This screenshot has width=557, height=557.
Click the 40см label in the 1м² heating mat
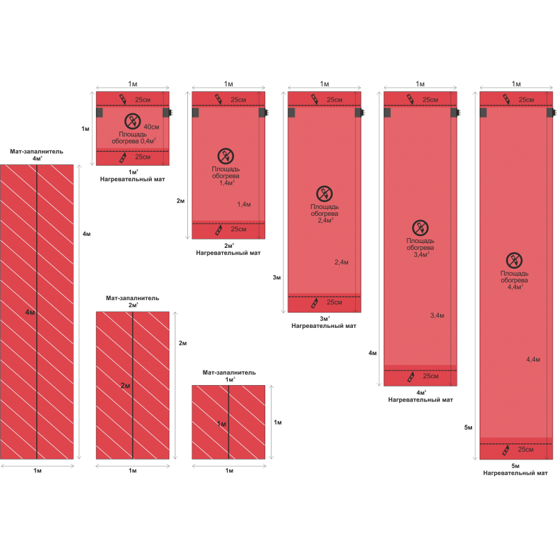coord(151,127)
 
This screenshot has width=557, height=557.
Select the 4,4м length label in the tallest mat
coord(533,359)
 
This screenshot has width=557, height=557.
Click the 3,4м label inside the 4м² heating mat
coord(437,315)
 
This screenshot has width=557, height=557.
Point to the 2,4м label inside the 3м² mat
coord(341,262)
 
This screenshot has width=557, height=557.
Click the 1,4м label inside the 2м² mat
coord(244,204)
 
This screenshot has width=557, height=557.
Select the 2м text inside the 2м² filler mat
coord(125,385)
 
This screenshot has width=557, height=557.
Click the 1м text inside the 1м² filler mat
coord(221,423)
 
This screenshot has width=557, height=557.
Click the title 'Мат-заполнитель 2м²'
coord(132,301)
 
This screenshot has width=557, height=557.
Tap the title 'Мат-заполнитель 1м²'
coord(229,376)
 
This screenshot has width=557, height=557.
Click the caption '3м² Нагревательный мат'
coord(324,322)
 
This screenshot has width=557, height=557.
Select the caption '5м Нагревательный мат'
coord(516,469)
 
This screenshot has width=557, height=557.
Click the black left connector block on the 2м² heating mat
coord(195,112)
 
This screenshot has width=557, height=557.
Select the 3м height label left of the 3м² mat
coord(276,277)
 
